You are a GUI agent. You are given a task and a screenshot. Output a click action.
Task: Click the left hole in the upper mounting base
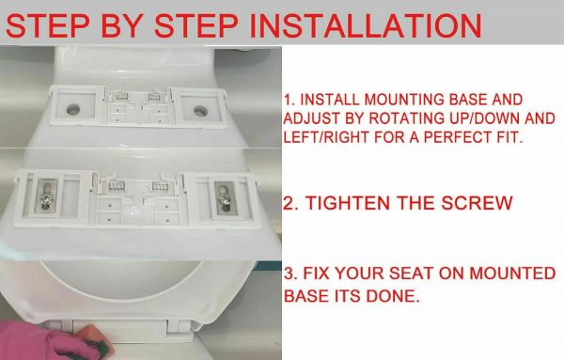[73, 109]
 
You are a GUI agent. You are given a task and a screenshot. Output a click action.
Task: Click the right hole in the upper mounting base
[200, 111]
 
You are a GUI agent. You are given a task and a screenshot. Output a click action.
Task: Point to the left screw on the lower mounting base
[47, 196]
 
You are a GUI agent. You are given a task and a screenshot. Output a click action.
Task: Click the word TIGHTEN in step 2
[348, 203]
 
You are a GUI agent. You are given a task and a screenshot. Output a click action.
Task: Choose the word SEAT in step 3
[412, 274]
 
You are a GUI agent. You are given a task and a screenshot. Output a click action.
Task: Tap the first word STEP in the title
[48, 25]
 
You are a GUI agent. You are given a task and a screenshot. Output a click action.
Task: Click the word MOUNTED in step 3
[512, 274]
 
